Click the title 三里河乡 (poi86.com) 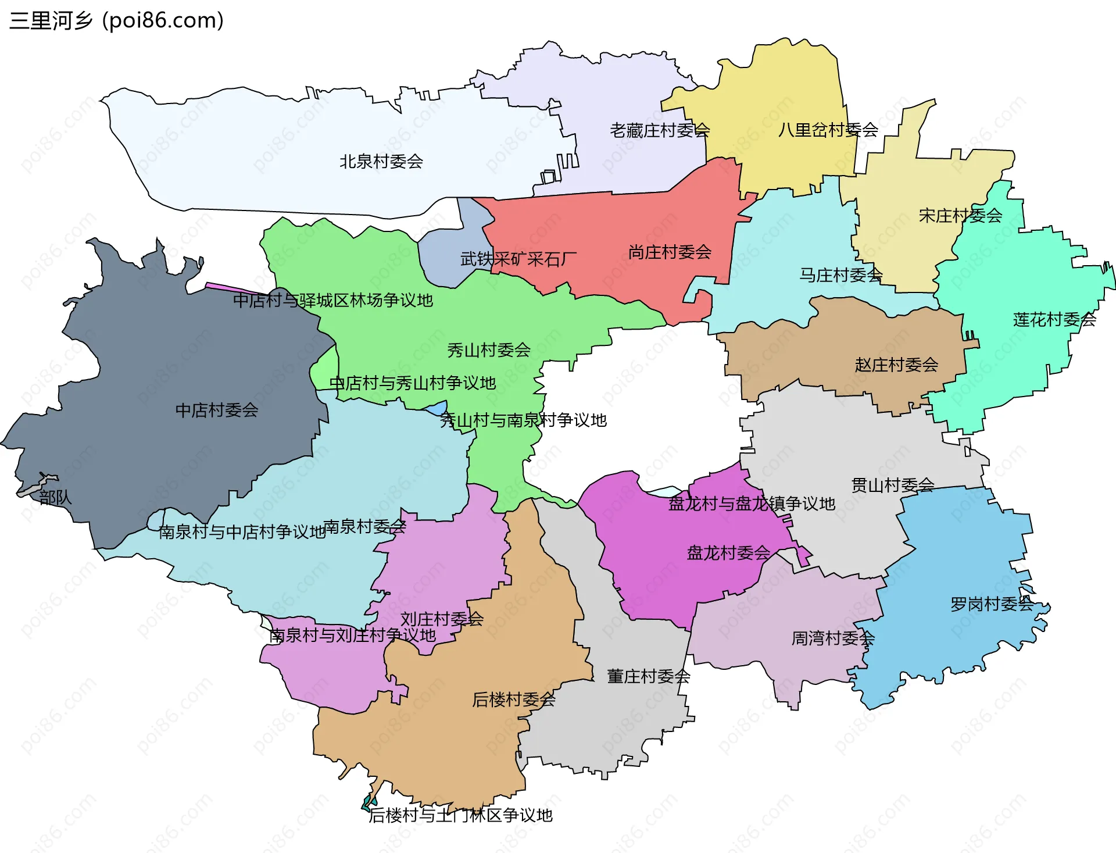[116, 21]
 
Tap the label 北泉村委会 [381, 162]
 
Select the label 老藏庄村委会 [659, 130]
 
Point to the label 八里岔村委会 [828, 130]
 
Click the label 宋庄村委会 [960, 216]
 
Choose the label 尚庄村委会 [670, 252]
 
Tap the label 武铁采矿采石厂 [518, 259]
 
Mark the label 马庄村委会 [840, 275]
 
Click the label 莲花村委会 [1054, 319]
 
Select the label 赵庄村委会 [896, 365]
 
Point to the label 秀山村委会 [488, 350]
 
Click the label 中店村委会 [216, 411]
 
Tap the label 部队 [55, 497]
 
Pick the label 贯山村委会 [892, 485]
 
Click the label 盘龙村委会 [728, 552]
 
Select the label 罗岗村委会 [992, 604]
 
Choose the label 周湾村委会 [832, 638]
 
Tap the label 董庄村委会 [648, 676]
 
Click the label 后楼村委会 [513, 699]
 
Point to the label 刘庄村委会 [442, 619]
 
